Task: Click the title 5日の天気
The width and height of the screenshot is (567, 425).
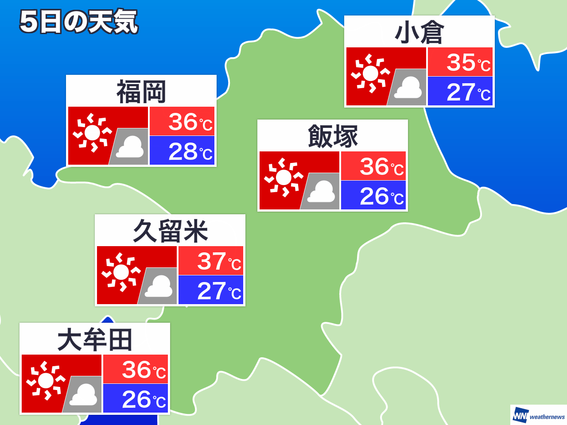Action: [x=79, y=22]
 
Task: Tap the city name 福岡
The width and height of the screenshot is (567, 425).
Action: [x=141, y=92]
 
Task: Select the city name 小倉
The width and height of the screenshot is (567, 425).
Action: [x=419, y=33]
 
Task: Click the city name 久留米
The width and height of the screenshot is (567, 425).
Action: [x=170, y=231]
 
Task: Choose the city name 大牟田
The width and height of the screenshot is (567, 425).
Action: [x=95, y=340]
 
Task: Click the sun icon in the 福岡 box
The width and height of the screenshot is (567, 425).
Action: [x=92, y=132]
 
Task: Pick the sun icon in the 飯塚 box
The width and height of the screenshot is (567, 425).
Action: [x=283, y=177]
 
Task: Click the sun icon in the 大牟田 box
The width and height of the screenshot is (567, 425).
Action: [x=46, y=380]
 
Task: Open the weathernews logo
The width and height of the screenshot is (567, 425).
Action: [x=539, y=416]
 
